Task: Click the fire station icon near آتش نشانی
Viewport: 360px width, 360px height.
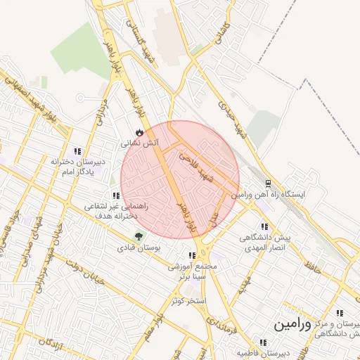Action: [139, 131]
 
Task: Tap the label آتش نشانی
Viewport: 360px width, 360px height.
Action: [141, 143]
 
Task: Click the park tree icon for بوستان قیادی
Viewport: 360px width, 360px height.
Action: [137, 237]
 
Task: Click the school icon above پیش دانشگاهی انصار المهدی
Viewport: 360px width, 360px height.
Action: [264, 226]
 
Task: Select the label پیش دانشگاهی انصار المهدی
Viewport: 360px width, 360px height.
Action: [263, 243]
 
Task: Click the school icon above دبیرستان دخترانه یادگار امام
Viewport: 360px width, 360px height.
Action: [77, 150]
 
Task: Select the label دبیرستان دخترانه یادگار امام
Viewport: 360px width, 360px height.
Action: [77, 167]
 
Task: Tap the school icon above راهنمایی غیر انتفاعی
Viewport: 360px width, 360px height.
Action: [115, 195]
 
